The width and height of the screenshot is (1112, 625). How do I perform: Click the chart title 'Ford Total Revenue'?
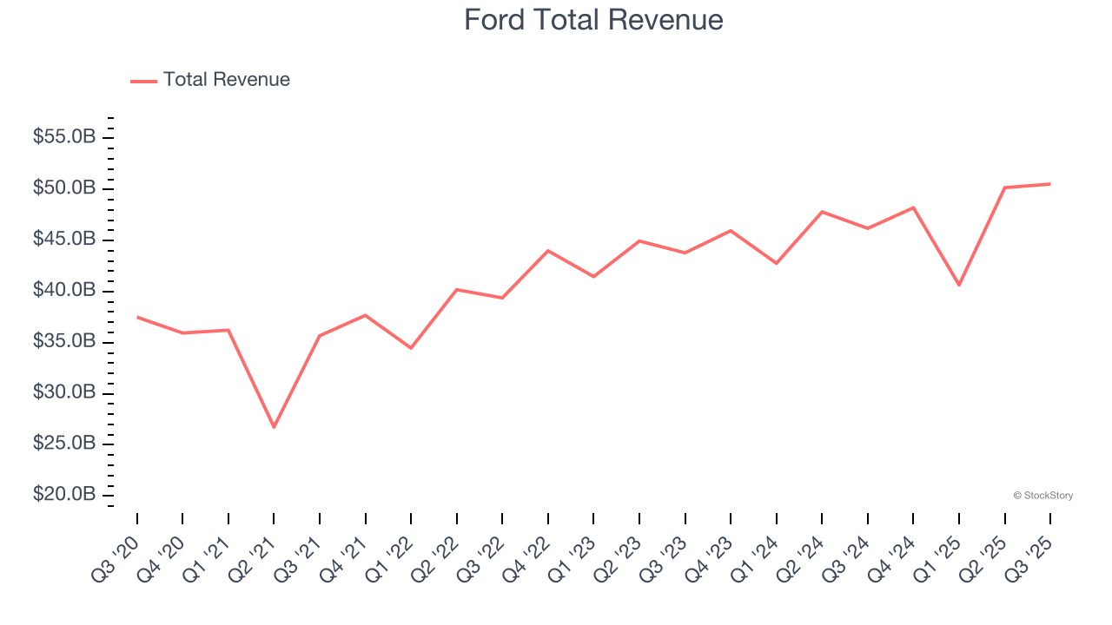click(593, 20)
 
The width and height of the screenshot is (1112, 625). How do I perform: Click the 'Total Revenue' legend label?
click(226, 80)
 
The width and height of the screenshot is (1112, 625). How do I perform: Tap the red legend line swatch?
click(143, 81)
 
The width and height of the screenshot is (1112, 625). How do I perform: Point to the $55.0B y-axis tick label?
click(65, 137)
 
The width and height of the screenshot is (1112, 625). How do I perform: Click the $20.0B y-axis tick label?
click(65, 495)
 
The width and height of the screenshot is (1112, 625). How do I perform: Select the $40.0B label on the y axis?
click(65, 290)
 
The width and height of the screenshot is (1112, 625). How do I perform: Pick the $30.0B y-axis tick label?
click(65, 392)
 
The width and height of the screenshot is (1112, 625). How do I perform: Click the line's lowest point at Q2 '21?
click(274, 427)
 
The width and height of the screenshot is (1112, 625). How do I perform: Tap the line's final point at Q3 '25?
click(1050, 184)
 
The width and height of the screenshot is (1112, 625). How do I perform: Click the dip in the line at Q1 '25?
click(959, 285)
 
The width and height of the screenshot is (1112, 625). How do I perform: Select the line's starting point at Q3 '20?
click(137, 317)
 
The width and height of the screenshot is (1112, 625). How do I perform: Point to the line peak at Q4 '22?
click(548, 250)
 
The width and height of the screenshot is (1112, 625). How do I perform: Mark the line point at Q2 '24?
click(822, 212)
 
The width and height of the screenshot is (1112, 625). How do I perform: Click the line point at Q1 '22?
click(411, 348)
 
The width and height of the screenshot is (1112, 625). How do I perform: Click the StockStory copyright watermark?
click(1042, 496)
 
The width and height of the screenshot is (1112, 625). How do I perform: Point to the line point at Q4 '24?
click(913, 207)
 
